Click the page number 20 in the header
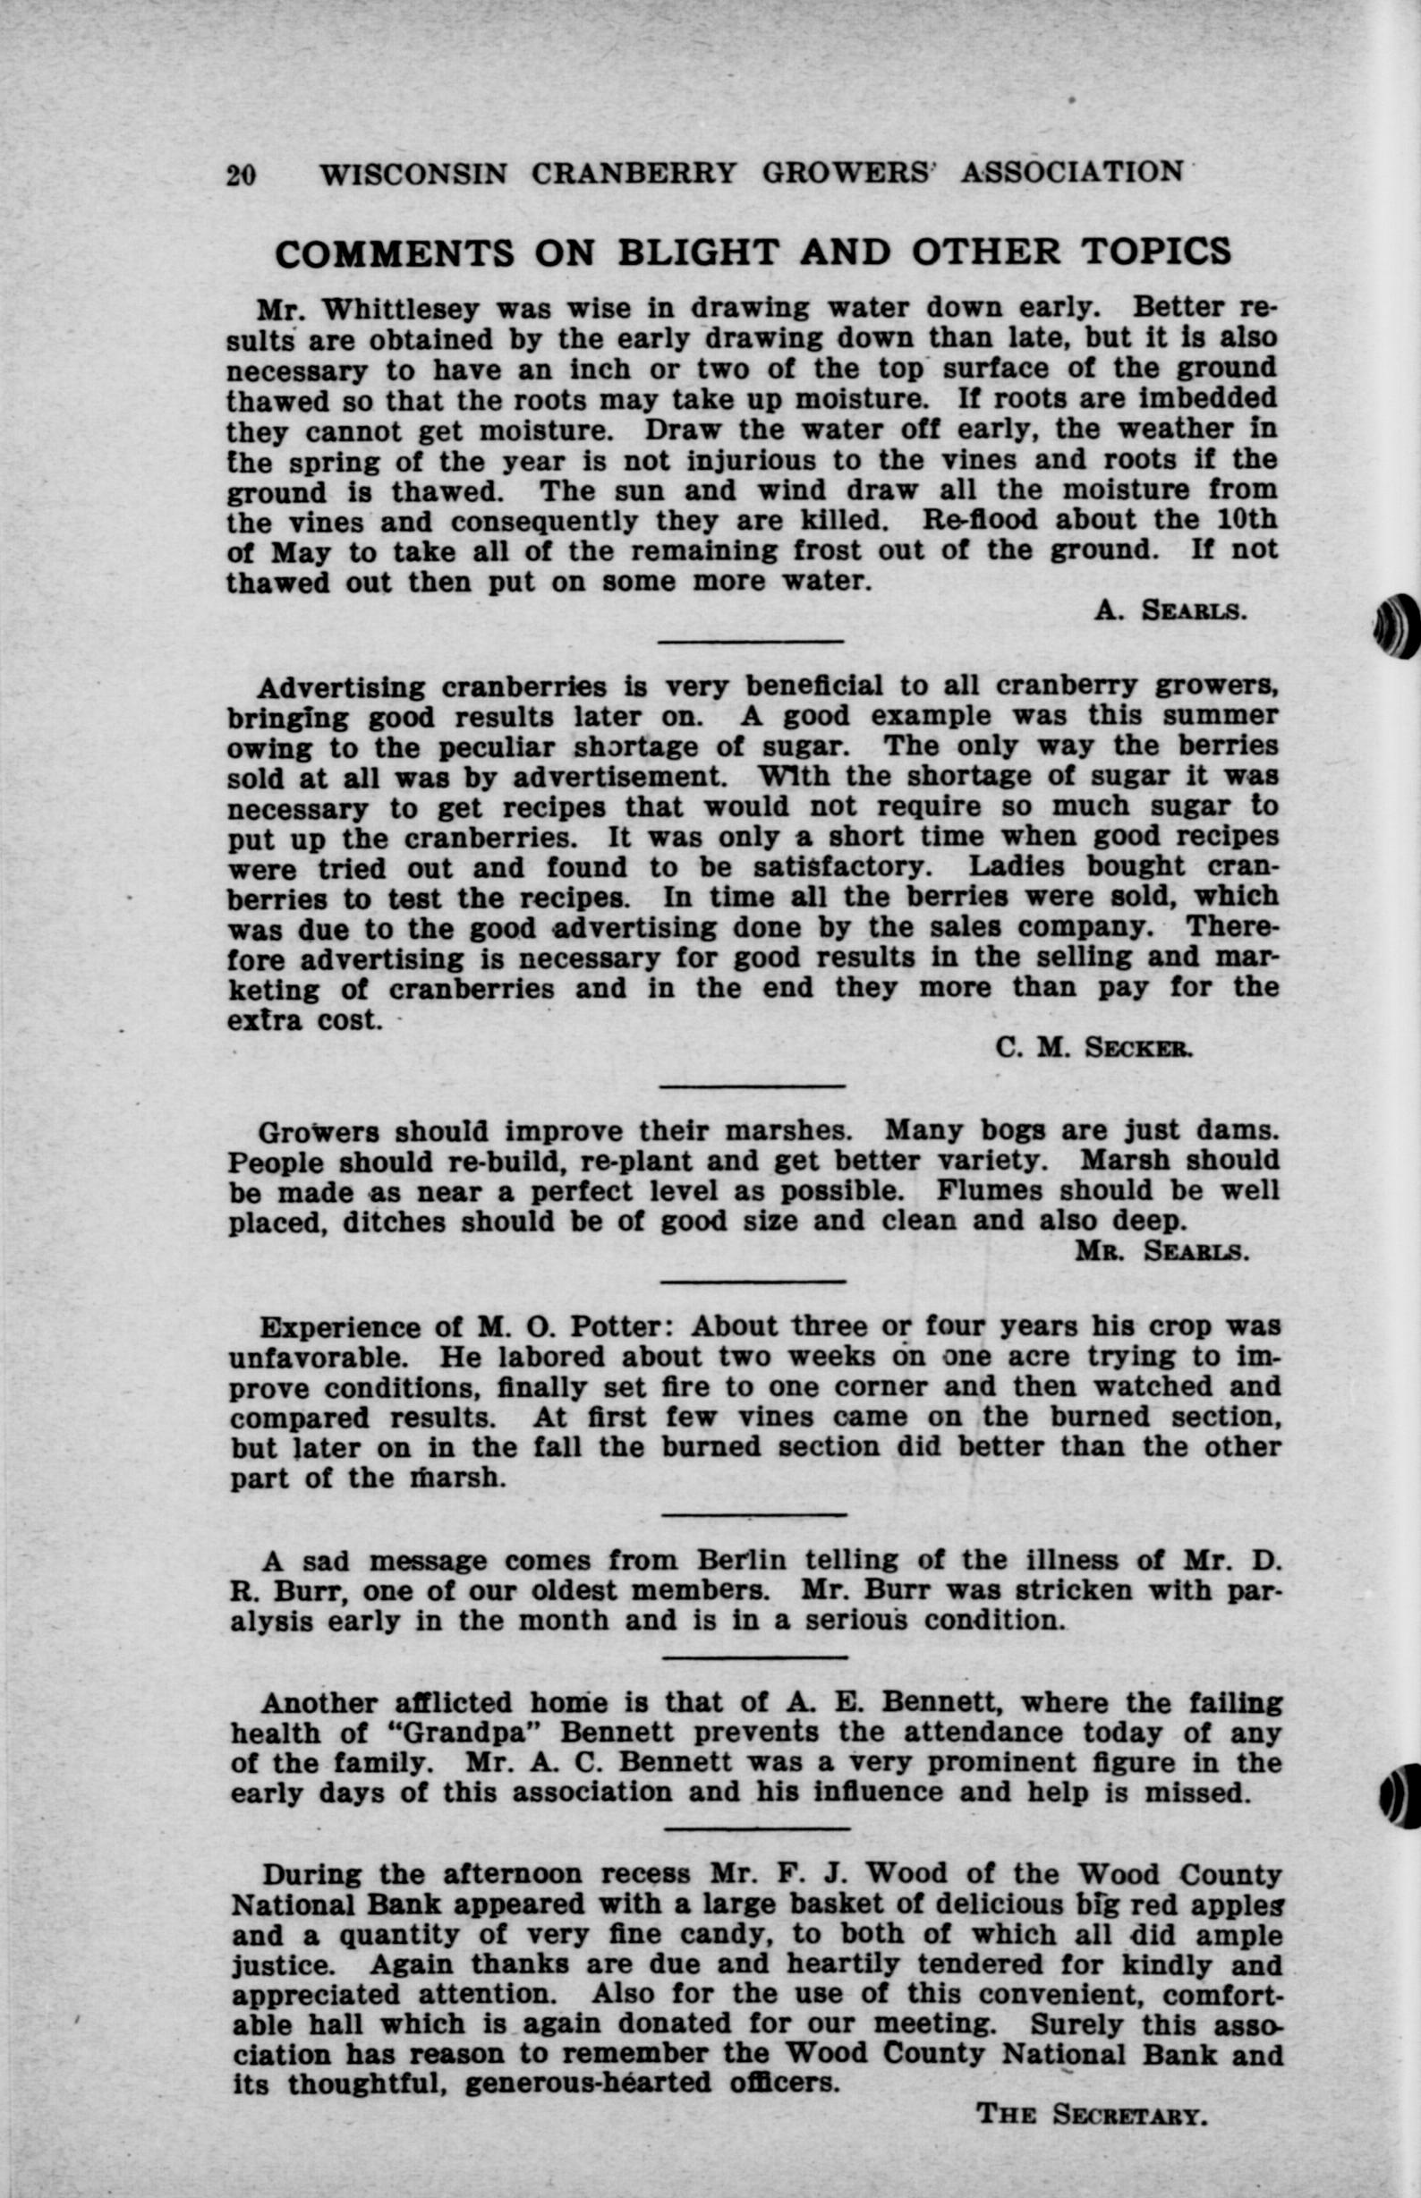[x=241, y=174]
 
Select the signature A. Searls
[x=1172, y=609]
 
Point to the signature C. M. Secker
[x=1096, y=1046]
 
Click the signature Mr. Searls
[x=1162, y=1250]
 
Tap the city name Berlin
[x=742, y=1560]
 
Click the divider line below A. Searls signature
[x=751, y=642]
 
